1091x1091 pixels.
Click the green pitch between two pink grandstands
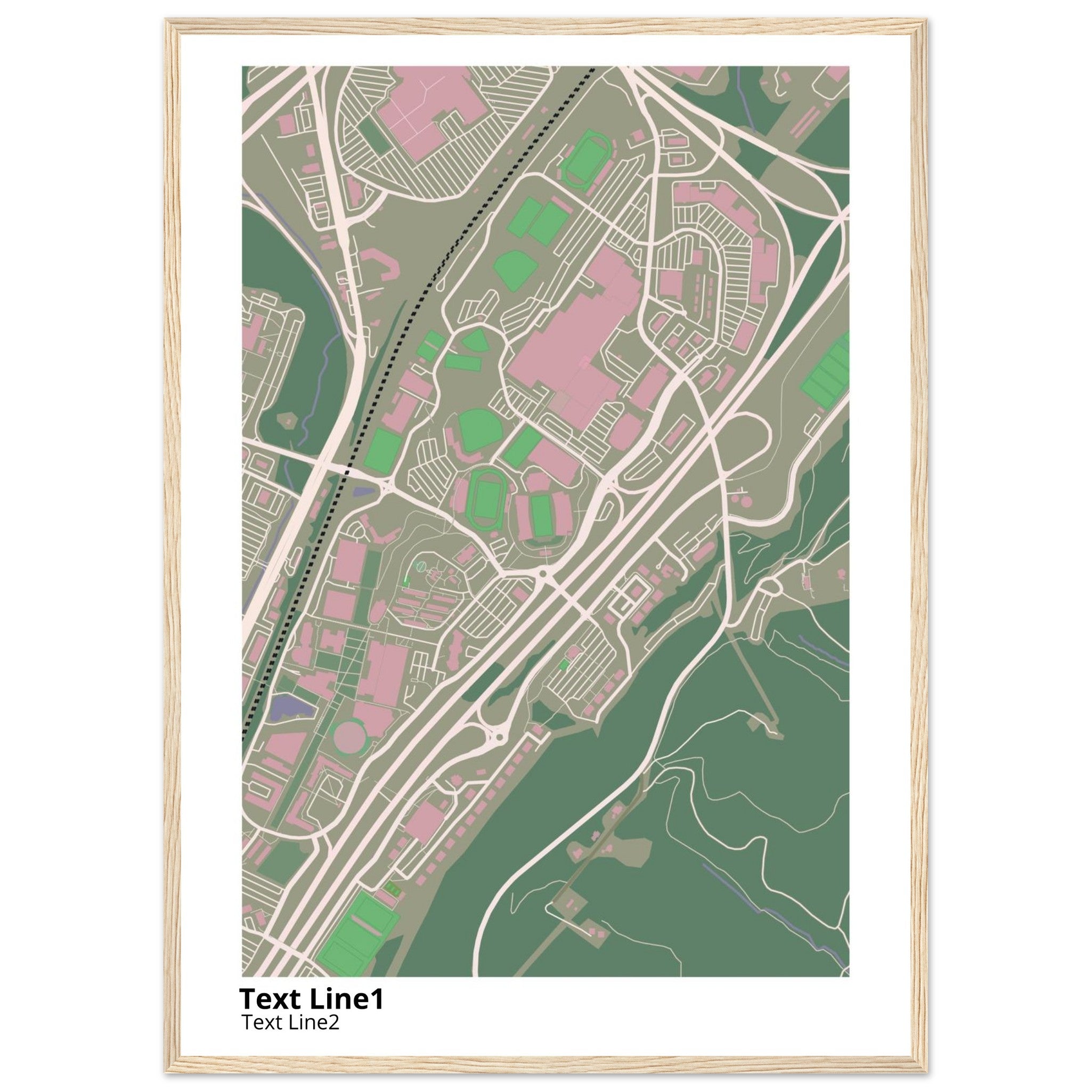click(542, 515)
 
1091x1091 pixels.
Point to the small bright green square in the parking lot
click(563, 665)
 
